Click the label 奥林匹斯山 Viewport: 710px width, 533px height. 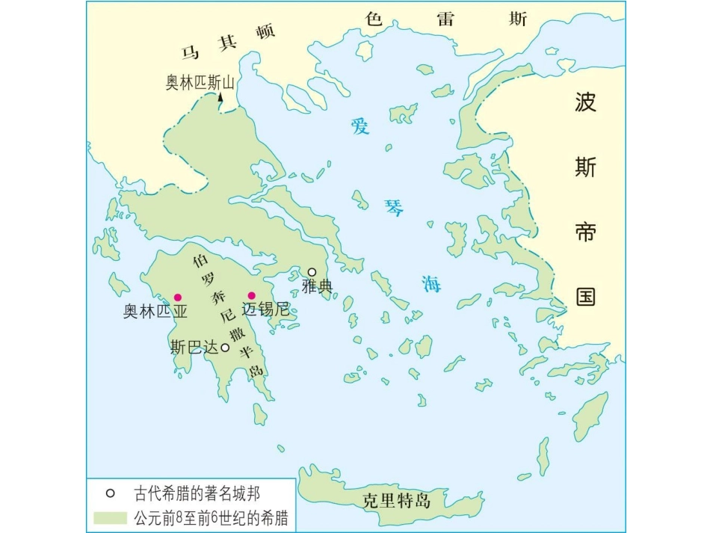pyautogui.click(x=200, y=82)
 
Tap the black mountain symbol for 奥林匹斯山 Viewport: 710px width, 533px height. pyautogui.click(x=221, y=99)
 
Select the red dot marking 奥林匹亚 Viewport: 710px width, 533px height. pyautogui.click(x=178, y=297)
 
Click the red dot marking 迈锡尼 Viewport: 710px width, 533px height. pyautogui.click(x=252, y=295)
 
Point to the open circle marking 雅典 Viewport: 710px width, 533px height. pyautogui.click(x=312, y=272)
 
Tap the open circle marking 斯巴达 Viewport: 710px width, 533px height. pyautogui.click(x=225, y=347)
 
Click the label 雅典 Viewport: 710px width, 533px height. pyautogui.click(x=316, y=286)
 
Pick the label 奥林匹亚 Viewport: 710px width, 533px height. pyautogui.click(x=155, y=312)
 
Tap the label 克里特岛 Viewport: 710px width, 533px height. pyautogui.click(x=396, y=501)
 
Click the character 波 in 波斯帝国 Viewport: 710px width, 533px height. pyautogui.click(x=585, y=102)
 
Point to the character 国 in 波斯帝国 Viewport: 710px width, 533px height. pyautogui.click(x=585, y=297)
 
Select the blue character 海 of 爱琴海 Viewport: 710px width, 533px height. pyautogui.click(x=431, y=283)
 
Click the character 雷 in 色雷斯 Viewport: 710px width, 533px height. pyautogui.click(x=446, y=19)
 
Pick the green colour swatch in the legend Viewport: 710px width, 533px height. pyautogui.click(x=110, y=518)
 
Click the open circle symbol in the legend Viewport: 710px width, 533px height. pyautogui.click(x=111, y=493)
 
